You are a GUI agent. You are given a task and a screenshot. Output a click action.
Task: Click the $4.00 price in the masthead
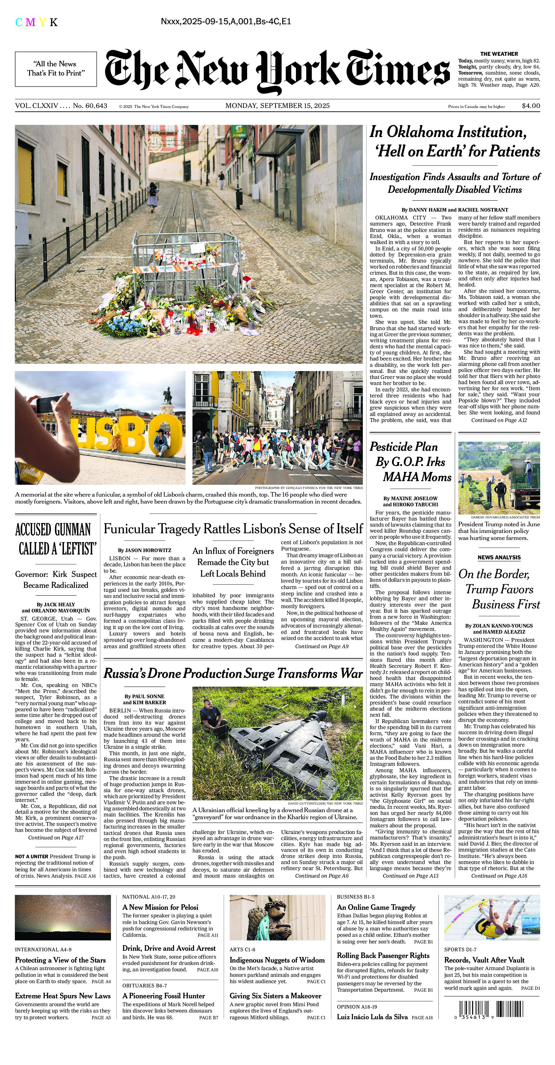[531, 106]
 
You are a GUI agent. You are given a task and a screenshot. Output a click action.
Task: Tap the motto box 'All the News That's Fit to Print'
[56, 69]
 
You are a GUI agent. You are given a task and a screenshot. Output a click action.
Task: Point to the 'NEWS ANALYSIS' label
[499, 557]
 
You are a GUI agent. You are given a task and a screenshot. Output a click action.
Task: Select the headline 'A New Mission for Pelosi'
[160, 907]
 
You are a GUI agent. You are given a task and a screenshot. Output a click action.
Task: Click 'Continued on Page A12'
[499, 420]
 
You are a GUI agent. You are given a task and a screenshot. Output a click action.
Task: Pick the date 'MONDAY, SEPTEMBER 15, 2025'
[277, 106]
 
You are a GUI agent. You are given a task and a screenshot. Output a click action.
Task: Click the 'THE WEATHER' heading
[499, 54]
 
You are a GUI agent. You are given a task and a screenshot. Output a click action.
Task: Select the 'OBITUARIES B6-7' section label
[145, 986]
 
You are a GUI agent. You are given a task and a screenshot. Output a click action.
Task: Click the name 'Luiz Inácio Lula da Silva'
[372, 1017]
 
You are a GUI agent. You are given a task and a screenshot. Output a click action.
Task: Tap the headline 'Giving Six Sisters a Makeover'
[275, 996]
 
